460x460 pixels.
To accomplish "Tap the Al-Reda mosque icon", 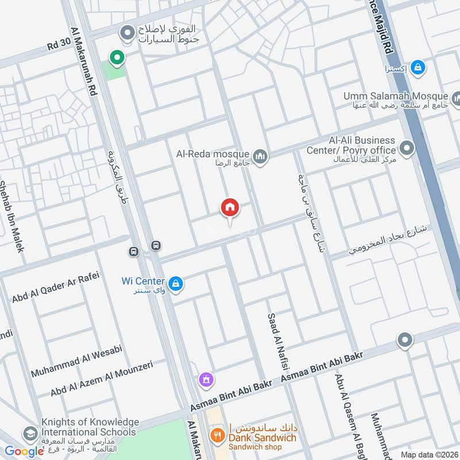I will pyautogui.click(x=260, y=156).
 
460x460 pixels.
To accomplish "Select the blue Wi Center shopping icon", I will pyautogui.click(x=176, y=283).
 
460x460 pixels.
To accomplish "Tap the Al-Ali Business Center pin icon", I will pyautogui.click(x=407, y=149).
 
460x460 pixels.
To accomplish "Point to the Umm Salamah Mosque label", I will pyautogui.click(x=396, y=95).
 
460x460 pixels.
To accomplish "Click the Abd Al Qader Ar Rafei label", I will pyautogui.click(x=56, y=287).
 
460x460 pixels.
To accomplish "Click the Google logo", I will pyautogui.click(x=24, y=451).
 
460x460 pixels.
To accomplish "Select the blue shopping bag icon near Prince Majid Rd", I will pyautogui.click(x=419, y=67).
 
